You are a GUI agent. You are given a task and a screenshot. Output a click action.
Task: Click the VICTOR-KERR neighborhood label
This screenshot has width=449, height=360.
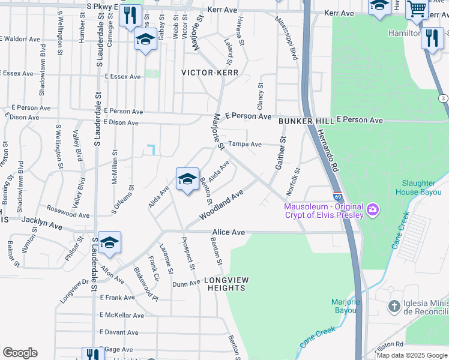(x=210, y=73)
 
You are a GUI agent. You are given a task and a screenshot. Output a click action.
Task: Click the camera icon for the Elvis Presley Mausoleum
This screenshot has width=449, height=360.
(x=373, y=209)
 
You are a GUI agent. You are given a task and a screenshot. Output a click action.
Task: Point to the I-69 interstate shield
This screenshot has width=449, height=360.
(x=339, y=196)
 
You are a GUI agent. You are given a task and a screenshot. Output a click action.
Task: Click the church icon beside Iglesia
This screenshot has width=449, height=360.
(x=394, y=307)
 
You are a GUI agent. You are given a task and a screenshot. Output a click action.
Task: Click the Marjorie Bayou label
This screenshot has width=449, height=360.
(x=345, y=305)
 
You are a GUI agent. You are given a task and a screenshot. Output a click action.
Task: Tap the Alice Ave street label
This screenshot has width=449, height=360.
(x=229, y=232)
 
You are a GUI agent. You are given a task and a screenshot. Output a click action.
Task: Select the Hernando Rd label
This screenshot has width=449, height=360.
(x=327, y=151)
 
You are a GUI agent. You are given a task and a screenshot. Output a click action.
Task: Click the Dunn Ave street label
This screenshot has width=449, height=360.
(x=186, y=284)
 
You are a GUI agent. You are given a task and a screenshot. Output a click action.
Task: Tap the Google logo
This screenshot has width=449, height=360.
(x=20, y=353)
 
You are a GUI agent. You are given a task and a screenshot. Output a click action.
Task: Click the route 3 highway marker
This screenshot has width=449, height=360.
(x=443, y=98)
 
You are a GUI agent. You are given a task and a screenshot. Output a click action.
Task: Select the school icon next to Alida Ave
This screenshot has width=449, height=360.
(x=187, y=179)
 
